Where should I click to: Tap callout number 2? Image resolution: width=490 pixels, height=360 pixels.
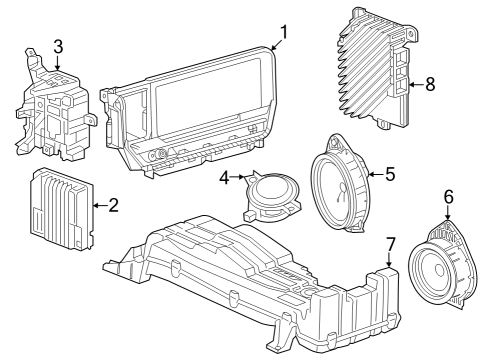[x=113, y=206]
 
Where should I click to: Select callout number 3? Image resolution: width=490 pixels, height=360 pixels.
[x=58, y=46]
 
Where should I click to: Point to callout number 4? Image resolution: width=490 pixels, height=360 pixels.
[x=225, y=179]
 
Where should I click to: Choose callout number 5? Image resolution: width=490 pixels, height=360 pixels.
[x=390, y=173]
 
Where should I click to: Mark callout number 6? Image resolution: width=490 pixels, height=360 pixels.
[x=448, y=196]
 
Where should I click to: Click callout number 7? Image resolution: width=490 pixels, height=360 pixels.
[x=391, y=243]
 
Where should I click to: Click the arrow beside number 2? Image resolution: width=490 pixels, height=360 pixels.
[x=98, y=206]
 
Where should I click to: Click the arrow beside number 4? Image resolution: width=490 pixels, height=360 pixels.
[x=240, y=180]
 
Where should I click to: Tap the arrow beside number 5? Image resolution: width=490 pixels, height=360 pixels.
[x=376, y=174]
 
